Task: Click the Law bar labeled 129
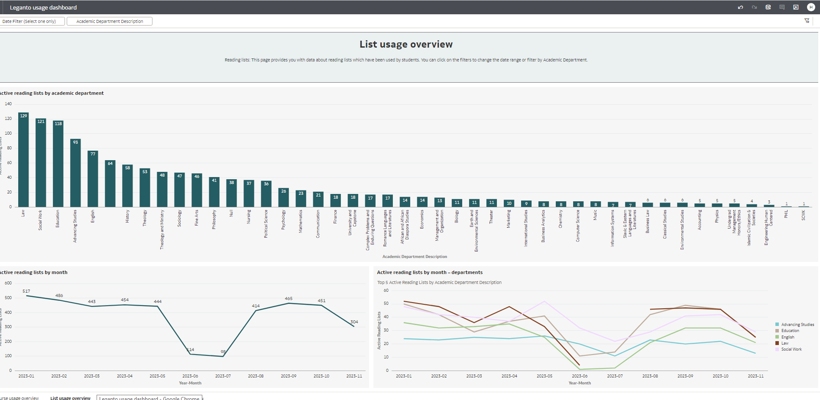coord(23,160)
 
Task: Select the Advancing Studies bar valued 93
coord(75,173)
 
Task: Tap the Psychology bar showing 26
coord(283,198)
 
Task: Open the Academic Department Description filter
coord(110,21)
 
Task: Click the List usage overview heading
coord(406,44)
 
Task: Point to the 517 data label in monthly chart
coord(26,291)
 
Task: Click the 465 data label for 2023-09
coord(288,299)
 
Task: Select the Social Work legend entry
coord(791,349)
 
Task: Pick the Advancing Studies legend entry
coord(797,325)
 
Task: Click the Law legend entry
coord(784,343)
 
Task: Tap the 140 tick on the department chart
coord(8,104)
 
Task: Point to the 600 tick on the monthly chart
coord(8,283)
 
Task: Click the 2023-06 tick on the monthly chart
coord(190,376)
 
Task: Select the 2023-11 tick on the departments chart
coord(755,376)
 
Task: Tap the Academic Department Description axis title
coord(415,257)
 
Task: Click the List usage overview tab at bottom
coord(70,398)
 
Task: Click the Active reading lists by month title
coord(34,272)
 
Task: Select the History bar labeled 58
coord(127,186)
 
